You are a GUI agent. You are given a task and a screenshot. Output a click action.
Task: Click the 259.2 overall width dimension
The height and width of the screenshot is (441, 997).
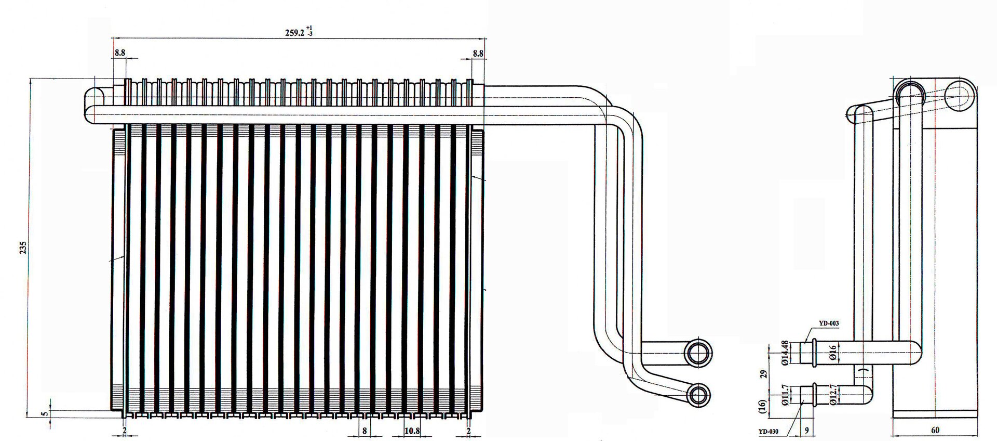(294, 32)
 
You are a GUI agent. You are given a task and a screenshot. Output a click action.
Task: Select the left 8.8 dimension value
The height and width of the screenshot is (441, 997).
(119, 53)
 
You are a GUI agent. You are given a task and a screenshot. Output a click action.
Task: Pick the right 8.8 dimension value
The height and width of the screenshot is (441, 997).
(478, 53)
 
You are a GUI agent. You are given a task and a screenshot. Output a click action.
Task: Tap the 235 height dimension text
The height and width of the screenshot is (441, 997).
(22, 248)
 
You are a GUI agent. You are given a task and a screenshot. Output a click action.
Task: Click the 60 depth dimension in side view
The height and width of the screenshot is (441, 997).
(935, 431)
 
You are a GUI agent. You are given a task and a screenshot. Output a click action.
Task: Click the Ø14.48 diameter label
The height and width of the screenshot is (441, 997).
(786, 353)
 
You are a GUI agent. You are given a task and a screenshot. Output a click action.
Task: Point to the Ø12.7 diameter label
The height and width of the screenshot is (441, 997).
(832, 395)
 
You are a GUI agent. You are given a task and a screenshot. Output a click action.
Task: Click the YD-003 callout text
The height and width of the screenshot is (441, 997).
(829, 323)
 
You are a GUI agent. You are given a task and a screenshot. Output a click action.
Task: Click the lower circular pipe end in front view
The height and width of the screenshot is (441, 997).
(698, 395)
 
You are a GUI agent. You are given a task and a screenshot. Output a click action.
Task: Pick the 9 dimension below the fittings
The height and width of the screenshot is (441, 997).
(806, 431)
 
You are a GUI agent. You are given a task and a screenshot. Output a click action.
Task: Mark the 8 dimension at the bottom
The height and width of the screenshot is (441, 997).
(365, 431)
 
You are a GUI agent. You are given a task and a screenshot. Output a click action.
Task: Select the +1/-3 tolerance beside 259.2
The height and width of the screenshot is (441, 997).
(309, 31)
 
